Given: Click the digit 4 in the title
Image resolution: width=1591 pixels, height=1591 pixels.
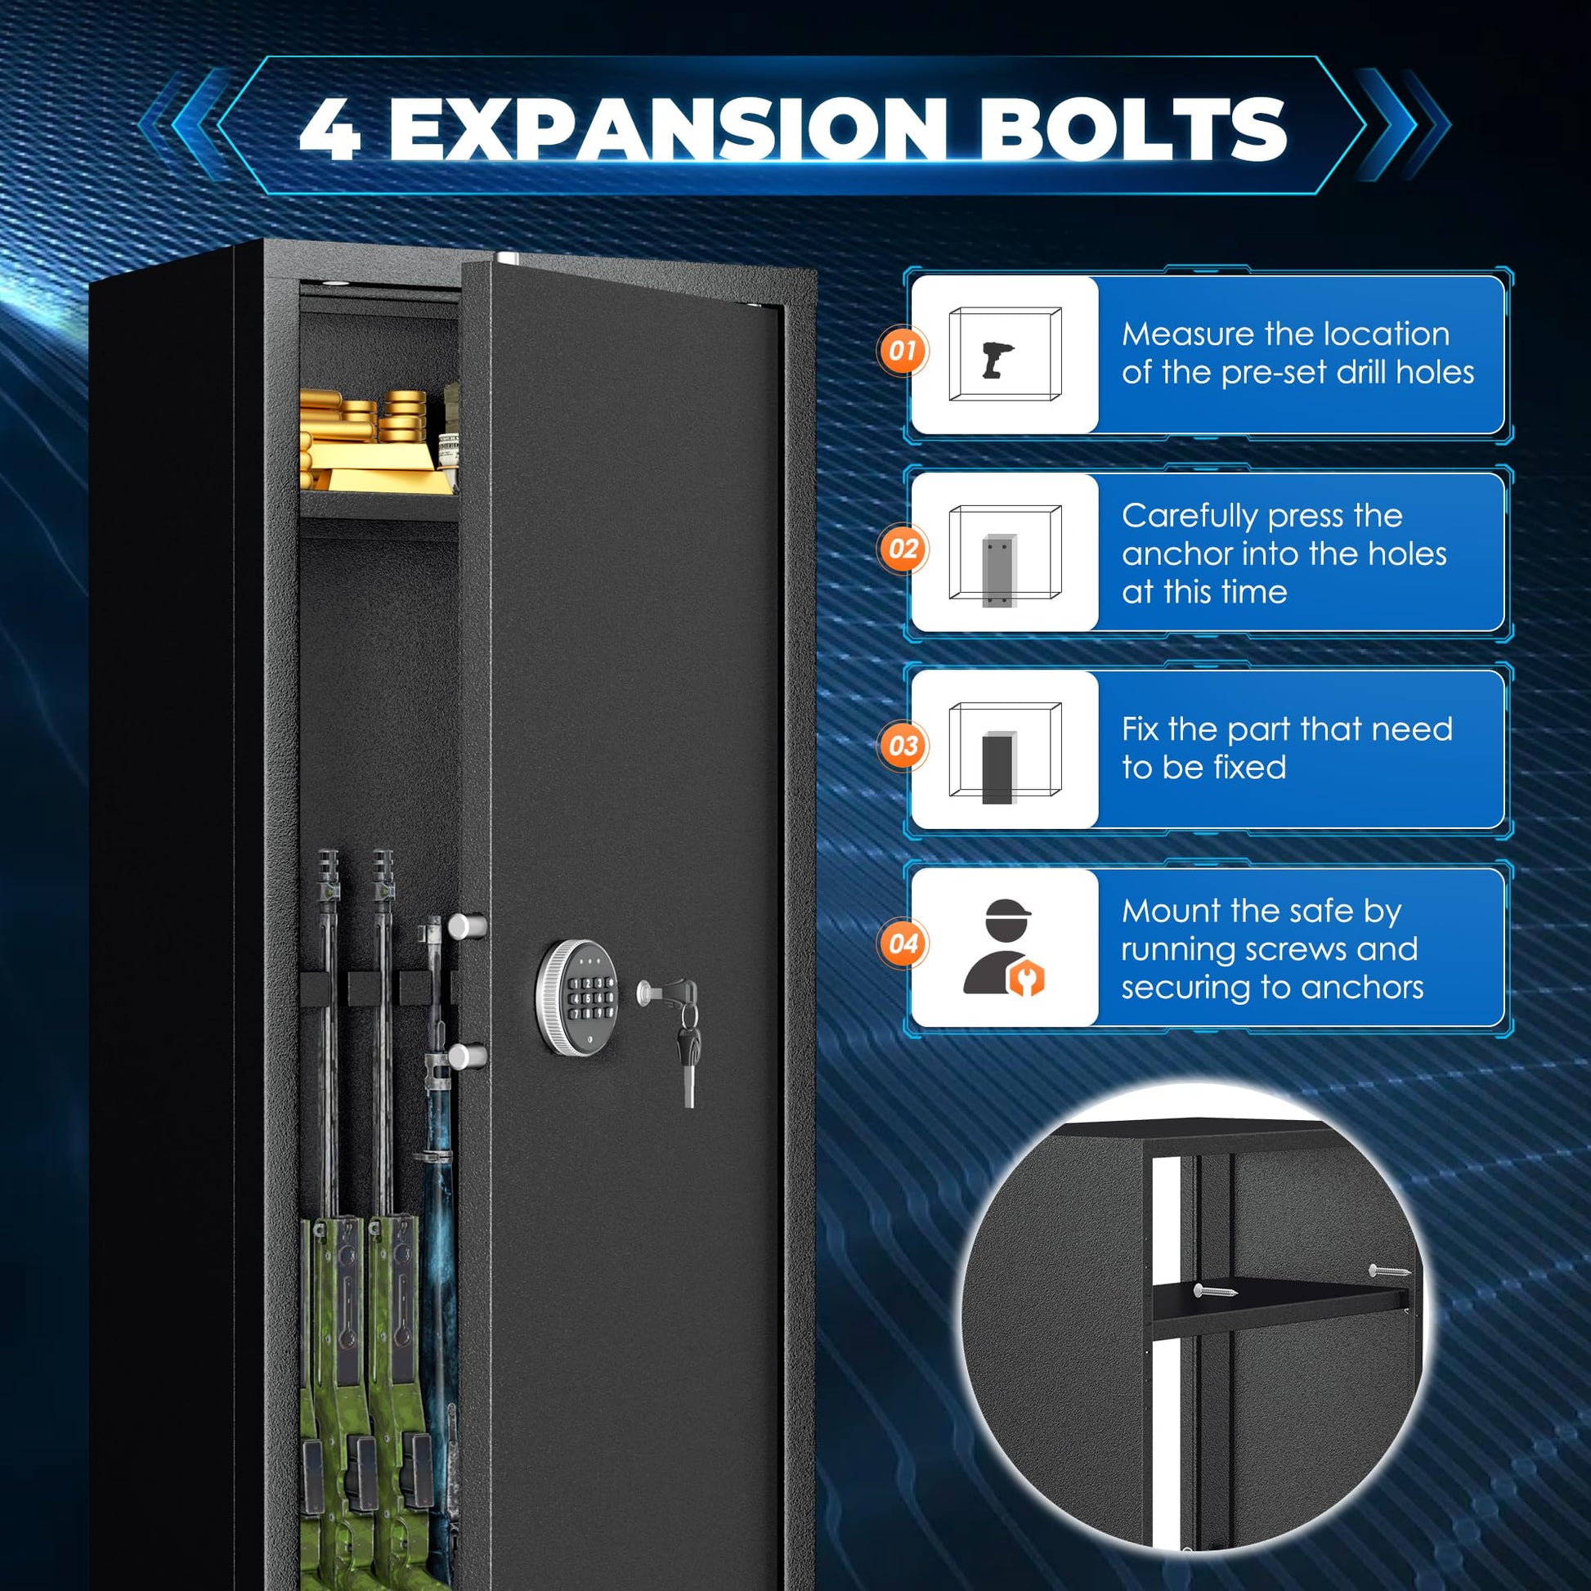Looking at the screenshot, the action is tap(329, 129).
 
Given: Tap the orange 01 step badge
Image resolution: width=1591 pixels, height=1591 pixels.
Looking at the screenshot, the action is tap(903, 352).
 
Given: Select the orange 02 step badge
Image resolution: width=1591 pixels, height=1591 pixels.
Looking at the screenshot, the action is tap(903, 549).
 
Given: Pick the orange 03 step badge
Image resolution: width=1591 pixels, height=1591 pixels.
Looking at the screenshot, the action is tap(903, 747).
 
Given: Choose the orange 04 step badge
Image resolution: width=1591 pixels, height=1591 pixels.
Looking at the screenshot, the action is tap(903, 944).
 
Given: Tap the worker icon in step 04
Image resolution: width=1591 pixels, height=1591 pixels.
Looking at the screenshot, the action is tap(1004, 947).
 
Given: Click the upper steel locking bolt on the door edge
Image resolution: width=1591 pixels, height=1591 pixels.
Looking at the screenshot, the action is tap(468, 926).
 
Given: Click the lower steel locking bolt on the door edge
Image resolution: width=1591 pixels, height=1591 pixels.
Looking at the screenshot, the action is tap(468, 1056).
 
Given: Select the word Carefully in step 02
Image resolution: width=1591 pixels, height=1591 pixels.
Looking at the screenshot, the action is tap(1190, 518).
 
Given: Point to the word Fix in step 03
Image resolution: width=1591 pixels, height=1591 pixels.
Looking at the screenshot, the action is tap(1140, 729).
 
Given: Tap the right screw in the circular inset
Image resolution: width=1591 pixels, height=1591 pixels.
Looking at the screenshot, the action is tap(1389, 1271).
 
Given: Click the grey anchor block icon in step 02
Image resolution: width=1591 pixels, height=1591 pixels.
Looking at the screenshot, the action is tap(999, 571).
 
